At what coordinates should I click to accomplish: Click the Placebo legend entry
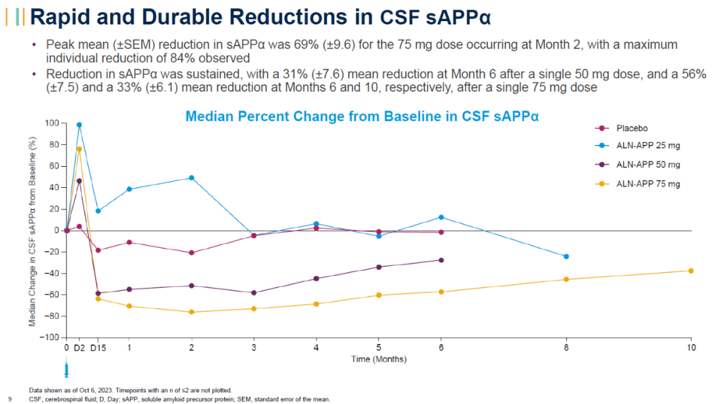click(x=630, y=128)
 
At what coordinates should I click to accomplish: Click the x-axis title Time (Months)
click(x=378, y=359)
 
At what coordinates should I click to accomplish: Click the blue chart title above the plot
click(x=362, y=117)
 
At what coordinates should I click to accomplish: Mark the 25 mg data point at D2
click(x=79, y=125)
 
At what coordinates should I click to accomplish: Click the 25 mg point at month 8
click(x=566, y=256)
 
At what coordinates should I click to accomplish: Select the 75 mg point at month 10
click(x=691, y=271)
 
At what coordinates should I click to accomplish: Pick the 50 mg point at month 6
click(x=441, y=260)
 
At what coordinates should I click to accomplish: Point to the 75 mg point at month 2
click(x=192, y=312)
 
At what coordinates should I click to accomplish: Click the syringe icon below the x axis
click(x=66, y=368)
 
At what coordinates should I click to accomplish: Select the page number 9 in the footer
click(x=9, y=399)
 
